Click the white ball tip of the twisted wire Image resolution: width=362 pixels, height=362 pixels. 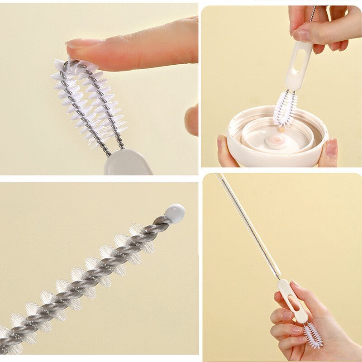175,213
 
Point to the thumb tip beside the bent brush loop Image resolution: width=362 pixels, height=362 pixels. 192,119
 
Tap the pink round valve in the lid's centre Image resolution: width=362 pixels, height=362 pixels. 275,140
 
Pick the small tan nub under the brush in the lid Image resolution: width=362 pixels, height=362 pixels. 282,129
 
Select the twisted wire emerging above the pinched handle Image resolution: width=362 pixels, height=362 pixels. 312,14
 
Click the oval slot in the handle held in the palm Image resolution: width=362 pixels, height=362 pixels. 293,302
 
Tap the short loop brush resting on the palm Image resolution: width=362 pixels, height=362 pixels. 313,335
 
